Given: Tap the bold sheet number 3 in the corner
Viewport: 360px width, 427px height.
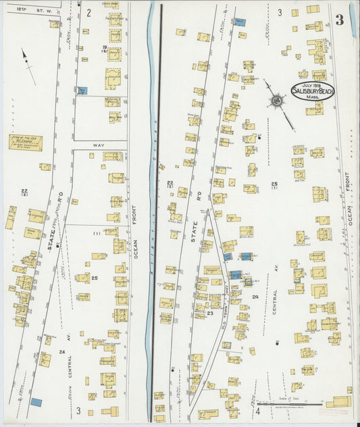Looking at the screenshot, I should pos(339,20).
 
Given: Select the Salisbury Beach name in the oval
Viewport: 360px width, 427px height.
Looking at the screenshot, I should pos(313,91).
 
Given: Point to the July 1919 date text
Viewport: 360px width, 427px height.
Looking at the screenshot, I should pos(313,84).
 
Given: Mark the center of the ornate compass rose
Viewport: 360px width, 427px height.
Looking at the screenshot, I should pos(276,101).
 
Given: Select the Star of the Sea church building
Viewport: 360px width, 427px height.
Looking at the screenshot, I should pos(25,143).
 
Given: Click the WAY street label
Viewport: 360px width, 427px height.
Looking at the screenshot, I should pos(100,145).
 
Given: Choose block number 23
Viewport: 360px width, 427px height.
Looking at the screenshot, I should pos(210,313).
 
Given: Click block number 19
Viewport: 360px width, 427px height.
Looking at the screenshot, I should pos(105,47).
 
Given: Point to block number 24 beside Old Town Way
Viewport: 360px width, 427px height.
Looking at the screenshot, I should pos(255,297).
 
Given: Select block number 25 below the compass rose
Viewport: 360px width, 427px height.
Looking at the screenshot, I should pos(274,184).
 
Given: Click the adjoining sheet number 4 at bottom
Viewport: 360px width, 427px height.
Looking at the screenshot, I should pos(257,411).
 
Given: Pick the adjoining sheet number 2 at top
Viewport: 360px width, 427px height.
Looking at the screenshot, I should pos(88,12).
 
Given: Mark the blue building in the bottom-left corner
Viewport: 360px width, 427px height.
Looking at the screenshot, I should pos(36,402).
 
